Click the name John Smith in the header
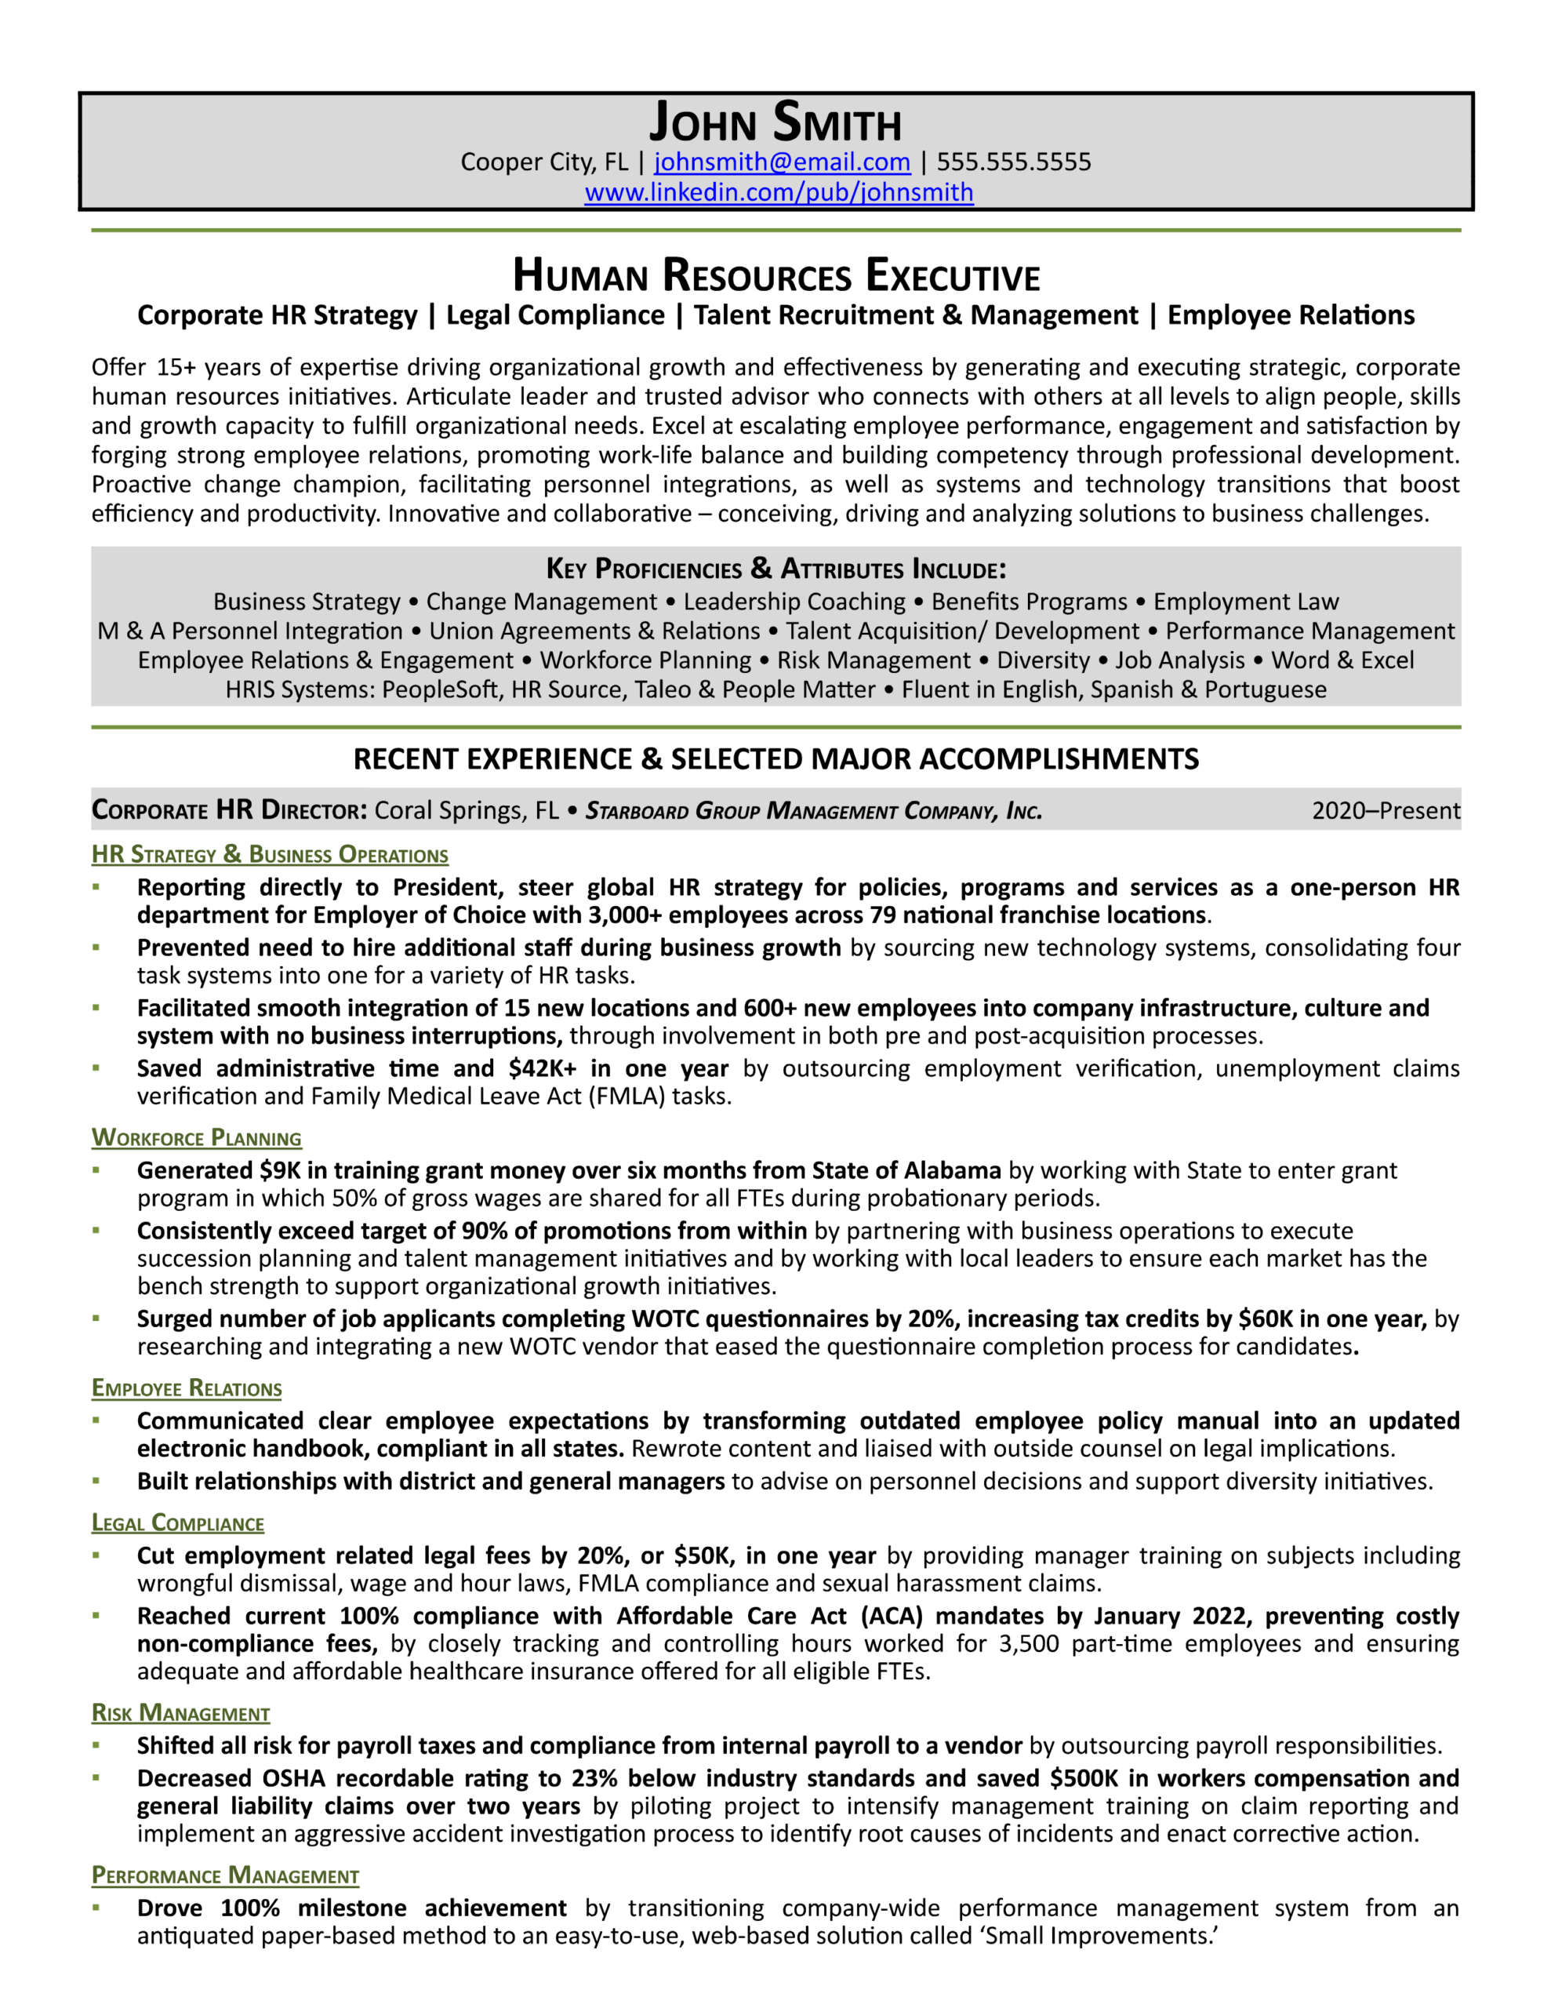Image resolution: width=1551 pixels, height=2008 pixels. tap(775, 122)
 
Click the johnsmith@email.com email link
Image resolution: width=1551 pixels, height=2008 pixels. tap(782, 162)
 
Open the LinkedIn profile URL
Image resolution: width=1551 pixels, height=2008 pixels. tap(779, 192)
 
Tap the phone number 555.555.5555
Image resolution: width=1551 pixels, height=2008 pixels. tap(1013, 162)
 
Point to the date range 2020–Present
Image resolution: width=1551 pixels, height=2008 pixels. tap(1386, 810)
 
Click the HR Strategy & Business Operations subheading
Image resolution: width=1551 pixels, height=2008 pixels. tap(270, 854)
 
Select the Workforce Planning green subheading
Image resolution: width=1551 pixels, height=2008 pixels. tap(196, 1137)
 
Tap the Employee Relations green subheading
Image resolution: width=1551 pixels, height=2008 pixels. tap(187, 1388)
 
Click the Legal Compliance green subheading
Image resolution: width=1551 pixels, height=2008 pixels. tap(177, 1523)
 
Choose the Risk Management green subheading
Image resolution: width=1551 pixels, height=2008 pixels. tap(180, 1713)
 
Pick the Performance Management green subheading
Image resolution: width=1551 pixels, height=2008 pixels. tap(225, 1875)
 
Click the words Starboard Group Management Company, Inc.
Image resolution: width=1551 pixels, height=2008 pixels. tap(814, 811)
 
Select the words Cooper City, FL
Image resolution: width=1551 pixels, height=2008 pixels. tap(544, 162)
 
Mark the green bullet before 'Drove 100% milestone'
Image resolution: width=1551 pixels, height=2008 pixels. tap(96, 1908)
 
